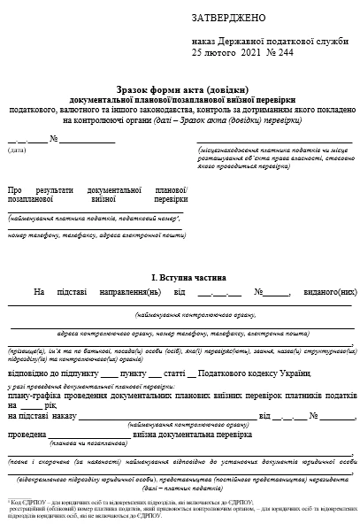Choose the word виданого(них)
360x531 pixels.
(328, 291)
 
